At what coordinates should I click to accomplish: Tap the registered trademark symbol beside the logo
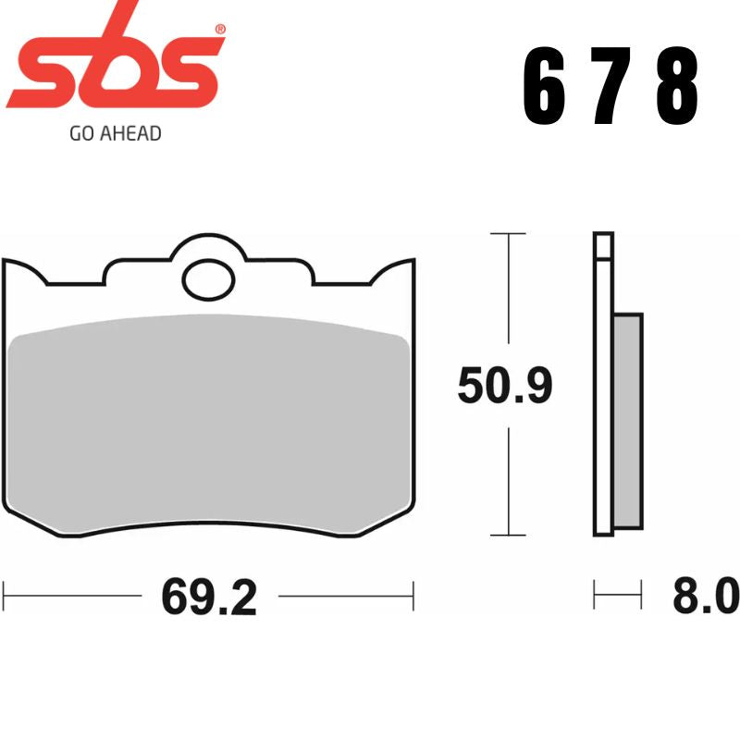pyautogui.click(x=219, y=31)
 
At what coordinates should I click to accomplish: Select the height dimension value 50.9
pyautogui.click(x=505, y=387)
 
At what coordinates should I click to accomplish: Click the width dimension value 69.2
pyautogui.click(x=208, y=598)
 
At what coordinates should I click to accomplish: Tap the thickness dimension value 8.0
pyautogui.click(x=705, y=598)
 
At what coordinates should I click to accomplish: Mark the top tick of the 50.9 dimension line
pyautogui.click(x=508, y=235)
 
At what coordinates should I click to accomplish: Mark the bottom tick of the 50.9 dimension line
pyautogui.click(x=508, y=535)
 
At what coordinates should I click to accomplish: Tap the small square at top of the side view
pyautogui.click(x=603, y=246)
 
